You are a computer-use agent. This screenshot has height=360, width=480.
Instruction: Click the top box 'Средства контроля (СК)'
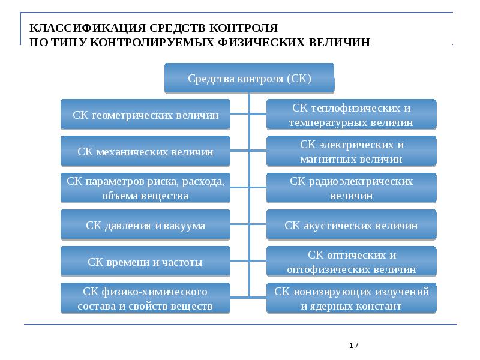click(x=249, y=78)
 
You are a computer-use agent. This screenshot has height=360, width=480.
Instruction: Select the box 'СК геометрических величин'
click(x=145, y=115)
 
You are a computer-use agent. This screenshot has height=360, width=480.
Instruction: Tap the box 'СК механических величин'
click(x=145, y=152)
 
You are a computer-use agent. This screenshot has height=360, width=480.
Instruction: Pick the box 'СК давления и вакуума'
click(x=145, y=226)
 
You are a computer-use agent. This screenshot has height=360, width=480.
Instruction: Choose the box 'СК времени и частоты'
click(x=145, y=262)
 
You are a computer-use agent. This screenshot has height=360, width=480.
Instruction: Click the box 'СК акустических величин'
click(x=351, y=226)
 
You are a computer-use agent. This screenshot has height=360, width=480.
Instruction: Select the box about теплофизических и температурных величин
click(x=351, y=115)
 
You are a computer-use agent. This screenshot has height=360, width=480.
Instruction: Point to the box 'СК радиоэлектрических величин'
click(x=351, y=188)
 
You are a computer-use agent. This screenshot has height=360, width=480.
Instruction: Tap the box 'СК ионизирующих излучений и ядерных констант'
click(x=351, y=299)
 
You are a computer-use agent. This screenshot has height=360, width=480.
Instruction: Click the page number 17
click(x=353, y=346)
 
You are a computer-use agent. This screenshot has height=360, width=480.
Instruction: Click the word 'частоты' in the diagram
click(x=181, y=262)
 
